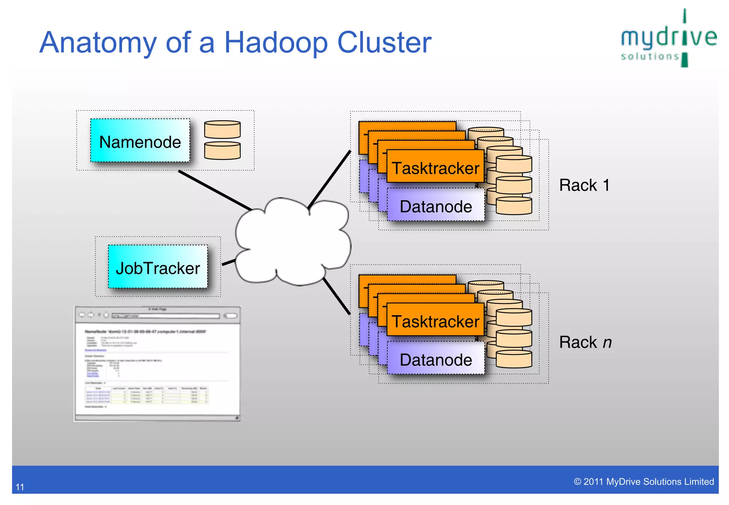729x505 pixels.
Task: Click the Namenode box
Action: click(140, 141)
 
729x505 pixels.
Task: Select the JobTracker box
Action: click(158, 267)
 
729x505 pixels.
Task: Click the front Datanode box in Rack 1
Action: click(436, 206)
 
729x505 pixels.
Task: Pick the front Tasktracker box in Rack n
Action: click(435, 321)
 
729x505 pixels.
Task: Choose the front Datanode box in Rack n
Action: click(436, 359)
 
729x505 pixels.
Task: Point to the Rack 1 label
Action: click(584, 185)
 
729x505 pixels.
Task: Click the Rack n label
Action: click(585, 342)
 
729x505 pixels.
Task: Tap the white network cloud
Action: click(292, 242)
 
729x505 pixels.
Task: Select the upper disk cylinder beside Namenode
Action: click(222, 130)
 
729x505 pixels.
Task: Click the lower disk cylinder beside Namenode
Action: click(222, 151)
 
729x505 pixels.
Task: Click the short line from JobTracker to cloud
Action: click(229, 262)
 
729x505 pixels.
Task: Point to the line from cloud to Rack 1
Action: click(329, 180)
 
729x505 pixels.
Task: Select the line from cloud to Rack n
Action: click(336, 296)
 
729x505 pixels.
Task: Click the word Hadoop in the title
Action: click(276, 43)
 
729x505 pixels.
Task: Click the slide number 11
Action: click(20, 487)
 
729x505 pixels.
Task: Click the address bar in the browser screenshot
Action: click(166, 316)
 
